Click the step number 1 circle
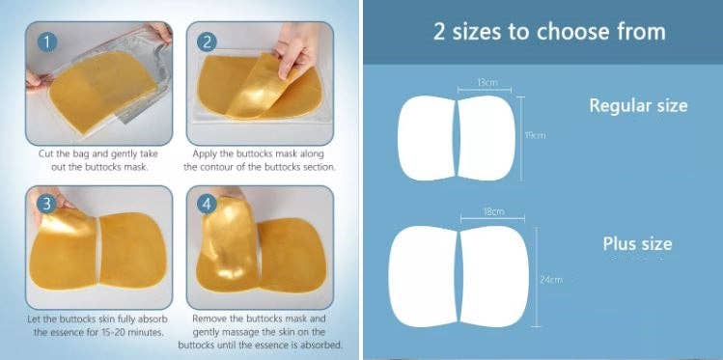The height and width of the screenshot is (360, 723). point(47,42)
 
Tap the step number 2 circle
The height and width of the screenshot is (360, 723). point(207,42)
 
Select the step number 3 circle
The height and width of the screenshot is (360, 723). point(46,204)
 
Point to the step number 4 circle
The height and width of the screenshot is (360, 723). point(207,204)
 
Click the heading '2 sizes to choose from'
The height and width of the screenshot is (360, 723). point(549,32)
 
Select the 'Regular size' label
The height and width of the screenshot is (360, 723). point(638,105)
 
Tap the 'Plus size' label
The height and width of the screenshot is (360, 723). point(637,244)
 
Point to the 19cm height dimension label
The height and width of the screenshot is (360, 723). point(535,135)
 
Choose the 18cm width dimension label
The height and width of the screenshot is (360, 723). point(493,211)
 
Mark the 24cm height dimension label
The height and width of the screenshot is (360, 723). point(551,280)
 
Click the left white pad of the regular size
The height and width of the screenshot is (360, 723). point(426,138)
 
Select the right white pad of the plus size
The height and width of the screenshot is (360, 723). point(494,277)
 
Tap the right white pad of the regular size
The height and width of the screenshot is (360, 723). point(487,138)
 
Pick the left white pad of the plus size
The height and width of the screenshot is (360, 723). point(423,277)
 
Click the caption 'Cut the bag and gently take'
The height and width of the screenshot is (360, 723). point(98,154)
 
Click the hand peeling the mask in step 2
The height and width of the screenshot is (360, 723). point(296,48)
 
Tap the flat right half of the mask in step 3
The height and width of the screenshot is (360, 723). point(133,250)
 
